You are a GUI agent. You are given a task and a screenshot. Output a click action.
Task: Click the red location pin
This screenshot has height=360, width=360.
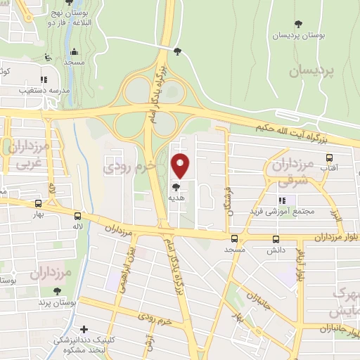point(181,165)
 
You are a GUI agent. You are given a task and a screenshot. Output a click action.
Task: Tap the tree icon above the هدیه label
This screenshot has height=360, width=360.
point(176,187)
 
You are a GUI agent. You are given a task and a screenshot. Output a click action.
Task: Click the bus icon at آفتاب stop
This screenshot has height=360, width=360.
point(328,157)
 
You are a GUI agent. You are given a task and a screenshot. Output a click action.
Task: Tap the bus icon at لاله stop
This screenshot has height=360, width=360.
point(77,217)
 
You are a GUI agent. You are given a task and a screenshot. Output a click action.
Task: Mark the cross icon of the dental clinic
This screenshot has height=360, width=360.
point(84,328)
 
